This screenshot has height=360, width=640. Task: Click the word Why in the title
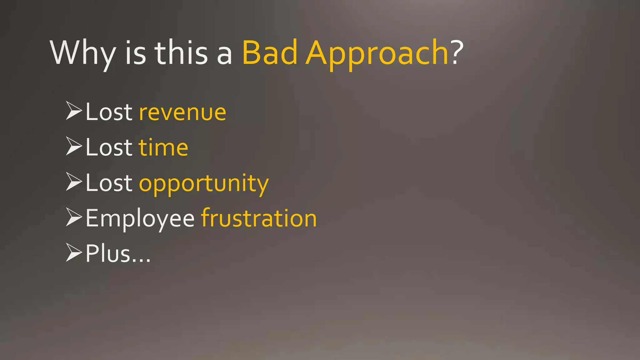point(83,53)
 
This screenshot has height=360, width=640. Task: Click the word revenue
point(182,112)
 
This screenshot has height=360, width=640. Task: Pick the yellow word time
point(163,147)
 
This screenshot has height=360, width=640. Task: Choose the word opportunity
point(204,183)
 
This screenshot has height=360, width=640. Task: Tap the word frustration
point(259,218)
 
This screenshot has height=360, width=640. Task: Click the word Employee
point(140,218)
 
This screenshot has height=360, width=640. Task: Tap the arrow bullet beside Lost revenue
point(74,111)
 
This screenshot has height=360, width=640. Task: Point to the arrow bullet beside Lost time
point(74,146)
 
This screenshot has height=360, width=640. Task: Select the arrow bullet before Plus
point(74,252)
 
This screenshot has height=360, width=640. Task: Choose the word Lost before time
point(109,147)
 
